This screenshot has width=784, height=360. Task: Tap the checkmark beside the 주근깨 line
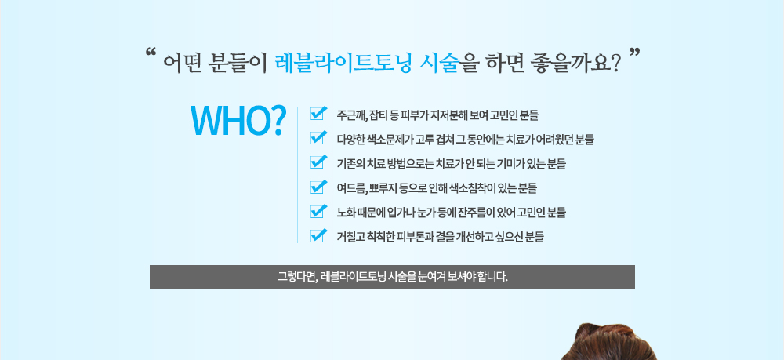318,115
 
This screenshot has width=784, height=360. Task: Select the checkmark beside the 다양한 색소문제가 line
318,139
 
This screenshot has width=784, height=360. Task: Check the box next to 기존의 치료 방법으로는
318,163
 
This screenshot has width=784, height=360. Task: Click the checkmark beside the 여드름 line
318,187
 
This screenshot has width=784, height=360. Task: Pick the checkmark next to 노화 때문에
318,211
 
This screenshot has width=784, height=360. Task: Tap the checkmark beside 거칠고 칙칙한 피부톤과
318,235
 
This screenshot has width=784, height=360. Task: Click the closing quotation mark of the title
634,55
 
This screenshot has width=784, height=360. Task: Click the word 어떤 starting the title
181,63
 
